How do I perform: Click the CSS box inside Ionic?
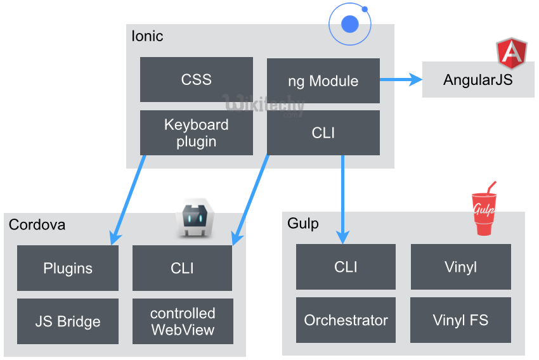196,80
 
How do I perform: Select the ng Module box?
323,81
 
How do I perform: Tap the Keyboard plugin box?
196,133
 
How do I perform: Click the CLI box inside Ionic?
323,133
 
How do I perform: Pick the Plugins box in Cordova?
68,268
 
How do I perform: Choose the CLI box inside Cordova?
183,268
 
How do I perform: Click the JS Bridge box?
68,321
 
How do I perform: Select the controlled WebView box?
183,321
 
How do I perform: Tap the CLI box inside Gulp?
346,267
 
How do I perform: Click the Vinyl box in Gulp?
460,267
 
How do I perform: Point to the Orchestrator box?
346,320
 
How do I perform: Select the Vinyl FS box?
460,320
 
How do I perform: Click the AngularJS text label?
477,80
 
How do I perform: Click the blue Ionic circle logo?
349,25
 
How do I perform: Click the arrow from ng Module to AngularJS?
401,79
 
